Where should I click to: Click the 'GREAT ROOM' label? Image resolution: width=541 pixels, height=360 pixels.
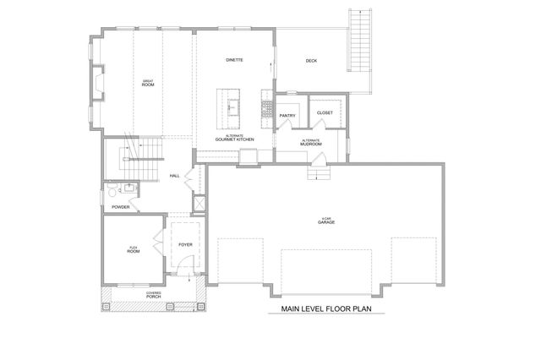click(x=147, y=83)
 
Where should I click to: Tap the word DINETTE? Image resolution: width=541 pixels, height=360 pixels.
click(x=235, y=60)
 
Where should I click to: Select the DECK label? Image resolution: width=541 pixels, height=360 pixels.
click(x=311, y=60)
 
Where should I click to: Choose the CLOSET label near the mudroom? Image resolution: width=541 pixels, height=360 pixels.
click(x=325, y=112)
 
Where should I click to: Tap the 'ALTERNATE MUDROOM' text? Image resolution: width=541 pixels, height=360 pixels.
click(x=311, y=143)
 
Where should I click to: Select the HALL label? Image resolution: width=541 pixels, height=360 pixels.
click(x=175, y=176)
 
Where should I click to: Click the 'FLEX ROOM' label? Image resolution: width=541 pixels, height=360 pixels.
click(x=133, y=249)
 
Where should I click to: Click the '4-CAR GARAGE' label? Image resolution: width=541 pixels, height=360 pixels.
click(x=327, y=220)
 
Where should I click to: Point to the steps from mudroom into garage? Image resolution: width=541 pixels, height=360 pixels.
click(x=319, y=172)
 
